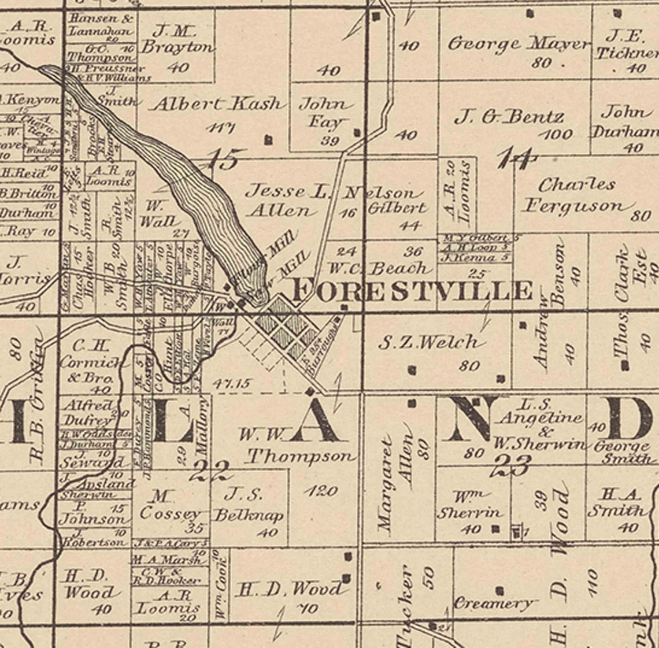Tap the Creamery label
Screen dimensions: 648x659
tap(493, 603)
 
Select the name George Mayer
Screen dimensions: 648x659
tap(519, 44)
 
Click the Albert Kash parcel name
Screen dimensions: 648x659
tap(219, 105)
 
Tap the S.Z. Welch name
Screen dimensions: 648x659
tap(429, 342)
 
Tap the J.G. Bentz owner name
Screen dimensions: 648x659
tap(509, 117)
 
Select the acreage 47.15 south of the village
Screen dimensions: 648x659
tap(231, 383)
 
